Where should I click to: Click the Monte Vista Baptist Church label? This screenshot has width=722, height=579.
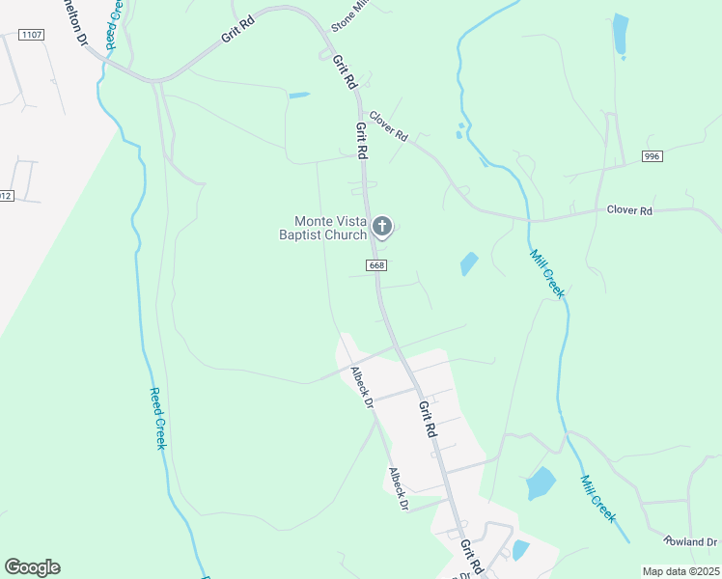(x=322, y=228)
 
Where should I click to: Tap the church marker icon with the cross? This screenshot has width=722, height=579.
(x=382, y=228)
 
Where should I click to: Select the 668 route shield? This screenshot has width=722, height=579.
(x=376, y=264)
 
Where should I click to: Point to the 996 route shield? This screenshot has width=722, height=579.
(x=652, y=156)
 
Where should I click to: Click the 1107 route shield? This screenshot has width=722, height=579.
(x=32, y=35)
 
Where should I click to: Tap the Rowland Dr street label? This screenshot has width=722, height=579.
(x=691, y=541)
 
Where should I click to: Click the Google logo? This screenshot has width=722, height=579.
(x=32, y=567)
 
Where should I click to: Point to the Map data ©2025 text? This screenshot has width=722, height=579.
(x=680, y=571)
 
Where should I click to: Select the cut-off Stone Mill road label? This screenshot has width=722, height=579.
(x=349, y=16)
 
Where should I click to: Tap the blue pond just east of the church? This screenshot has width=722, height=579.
(x=469, y=263)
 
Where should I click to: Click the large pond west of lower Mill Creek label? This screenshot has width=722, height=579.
(x=541, y=482)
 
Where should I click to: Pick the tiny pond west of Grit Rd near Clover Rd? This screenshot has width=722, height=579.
(x=298, y=95)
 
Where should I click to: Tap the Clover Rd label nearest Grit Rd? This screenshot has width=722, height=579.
(x=389, y=128)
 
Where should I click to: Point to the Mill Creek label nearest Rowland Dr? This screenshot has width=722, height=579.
(x=597, y=498)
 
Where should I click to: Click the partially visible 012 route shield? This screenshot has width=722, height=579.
(x=5, y=196)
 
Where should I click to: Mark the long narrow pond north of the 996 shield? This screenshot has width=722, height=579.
(x=620, y=35)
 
